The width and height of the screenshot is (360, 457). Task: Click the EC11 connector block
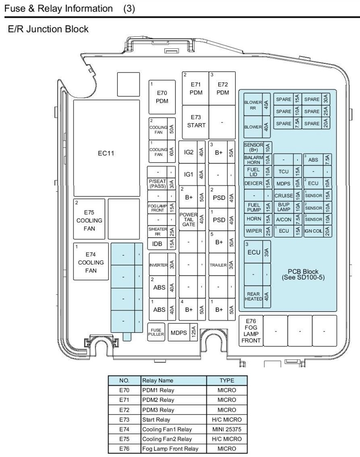click(x=107, y=148)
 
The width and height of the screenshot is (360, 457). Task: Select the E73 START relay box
click(x=196, y=122)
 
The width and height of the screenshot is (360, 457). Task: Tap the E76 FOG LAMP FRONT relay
click(x=251, y=331)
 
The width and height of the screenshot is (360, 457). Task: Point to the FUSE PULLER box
click(x=156, y=332)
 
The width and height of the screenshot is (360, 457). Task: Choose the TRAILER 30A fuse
click(x=222, y=265)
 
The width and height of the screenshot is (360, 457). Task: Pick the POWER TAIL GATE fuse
click(x=192, y=220)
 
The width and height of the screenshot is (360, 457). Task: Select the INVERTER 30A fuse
click(x=163, y=265)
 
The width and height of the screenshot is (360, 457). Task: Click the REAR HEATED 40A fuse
click(x=257, y=297)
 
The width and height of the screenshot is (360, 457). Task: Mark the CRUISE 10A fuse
click(x=287, y=195)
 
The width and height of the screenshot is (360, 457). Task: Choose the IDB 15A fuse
click(x=161, y=244)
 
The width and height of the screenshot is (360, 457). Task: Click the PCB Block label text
click(x=303, y=274)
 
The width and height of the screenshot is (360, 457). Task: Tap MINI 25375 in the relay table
click(x=227, y=429)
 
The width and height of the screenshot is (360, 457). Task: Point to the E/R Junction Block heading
click(x=48, y=29)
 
